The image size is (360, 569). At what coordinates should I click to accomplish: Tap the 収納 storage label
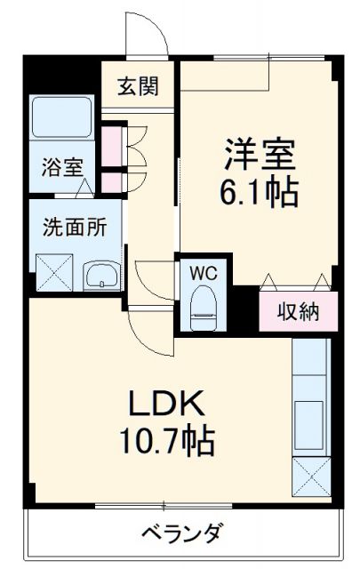click(297, 312)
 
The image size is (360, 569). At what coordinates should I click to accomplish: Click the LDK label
click(172, 405)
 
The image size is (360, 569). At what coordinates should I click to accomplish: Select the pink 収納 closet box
click(298, 311)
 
